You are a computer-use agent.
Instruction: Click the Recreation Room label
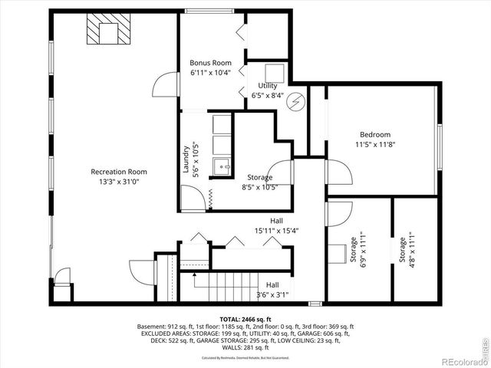(118, 172)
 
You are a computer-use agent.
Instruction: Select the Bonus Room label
(210, 62)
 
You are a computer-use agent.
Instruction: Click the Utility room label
(267, 86)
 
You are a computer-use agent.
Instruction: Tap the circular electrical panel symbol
(297, 100)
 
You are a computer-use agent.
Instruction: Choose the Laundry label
(186, 160)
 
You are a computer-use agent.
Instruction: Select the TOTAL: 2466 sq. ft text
(245, 319)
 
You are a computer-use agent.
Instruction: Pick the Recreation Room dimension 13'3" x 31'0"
(118, 182)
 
